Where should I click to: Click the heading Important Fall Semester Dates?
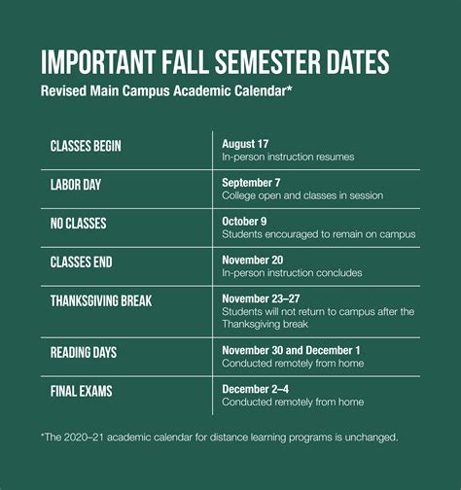point(215,63)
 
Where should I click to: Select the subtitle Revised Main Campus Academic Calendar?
point(166,91)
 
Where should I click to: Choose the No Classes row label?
point(79,223)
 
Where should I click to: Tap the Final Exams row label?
point(81,391)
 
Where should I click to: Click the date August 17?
point(245,143)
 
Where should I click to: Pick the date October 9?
point(246,221)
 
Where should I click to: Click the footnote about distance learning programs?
point(219,437)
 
